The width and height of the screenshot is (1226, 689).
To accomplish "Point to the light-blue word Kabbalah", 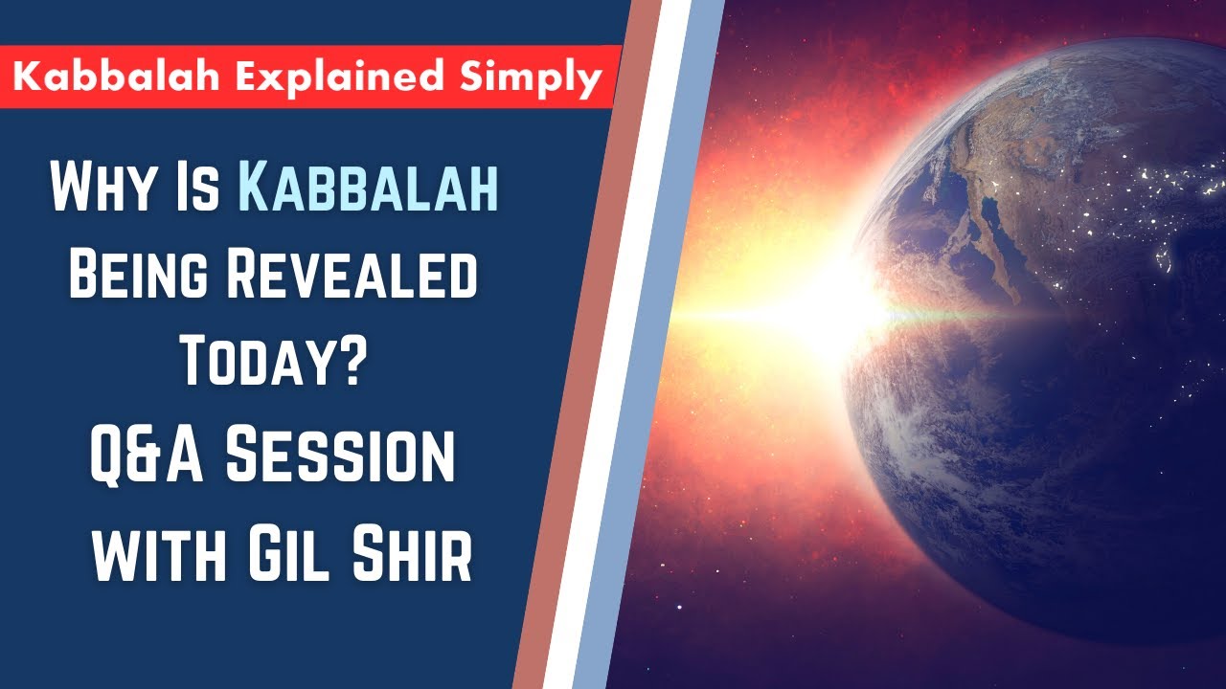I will pos(369,189).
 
